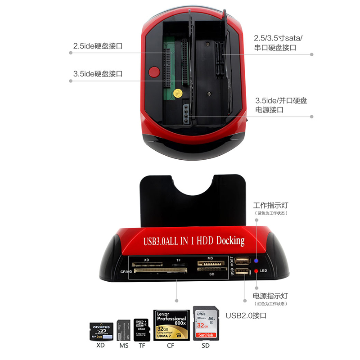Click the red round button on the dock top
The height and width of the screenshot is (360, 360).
[154, 72]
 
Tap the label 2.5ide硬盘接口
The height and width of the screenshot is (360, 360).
[98, 46]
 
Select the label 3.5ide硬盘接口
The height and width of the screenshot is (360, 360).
[98, 74]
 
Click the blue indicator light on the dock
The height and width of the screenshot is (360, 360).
[256, 260]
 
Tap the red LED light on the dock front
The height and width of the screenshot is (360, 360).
[256, 271]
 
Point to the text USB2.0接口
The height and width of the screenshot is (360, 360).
[246, 315]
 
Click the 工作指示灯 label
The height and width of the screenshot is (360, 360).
[270, 205]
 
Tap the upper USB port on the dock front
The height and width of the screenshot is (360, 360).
[242, 261]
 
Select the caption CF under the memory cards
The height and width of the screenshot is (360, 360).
[171, 346]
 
